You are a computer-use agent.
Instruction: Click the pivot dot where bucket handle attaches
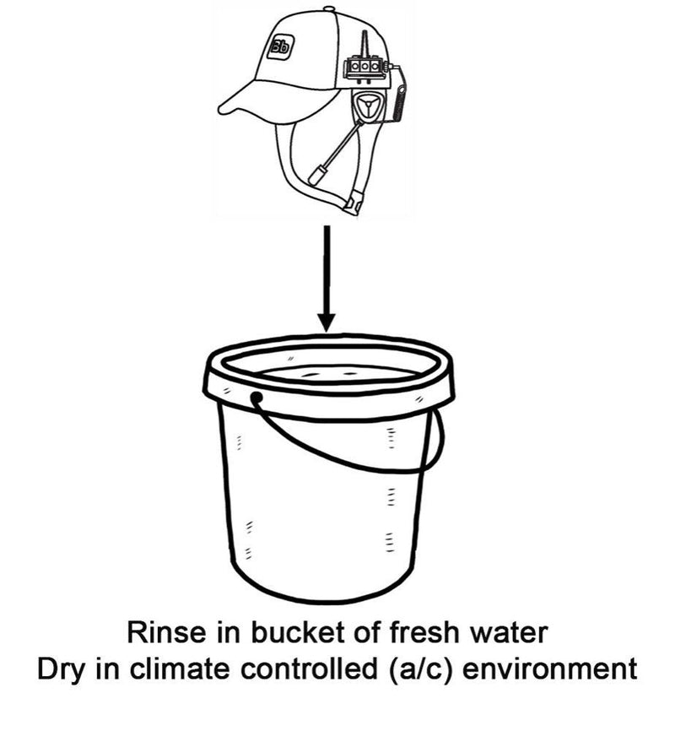pyautogui.click(x=256, y=397)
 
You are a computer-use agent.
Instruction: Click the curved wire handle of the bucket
pyautogui.click(x=354, y=456)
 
